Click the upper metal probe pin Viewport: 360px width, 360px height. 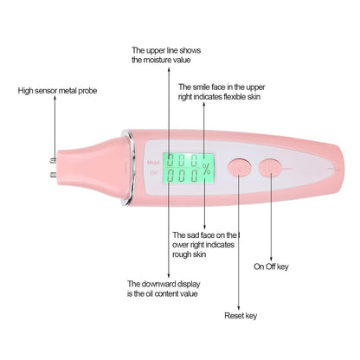click(x=53, y=161)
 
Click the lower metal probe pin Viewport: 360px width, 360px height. click(x=53, y=174)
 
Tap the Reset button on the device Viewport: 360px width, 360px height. click(x=239, y=167)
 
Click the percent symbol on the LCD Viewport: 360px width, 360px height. click(x=207, y=169)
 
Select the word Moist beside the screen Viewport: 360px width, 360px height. click(x=153, y=163)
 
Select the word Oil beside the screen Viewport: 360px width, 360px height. click(x=153, y=173)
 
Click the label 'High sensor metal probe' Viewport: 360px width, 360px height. click(x=57, y=91)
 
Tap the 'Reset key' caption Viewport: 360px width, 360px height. click(x=241, y=316)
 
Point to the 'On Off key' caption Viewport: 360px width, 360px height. click(x=271, y=267)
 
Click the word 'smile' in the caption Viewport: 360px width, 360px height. click(x=202, y=87)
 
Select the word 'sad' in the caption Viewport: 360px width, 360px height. click(x=193, y=235)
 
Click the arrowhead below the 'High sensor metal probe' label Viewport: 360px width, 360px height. click(x=55, y=98)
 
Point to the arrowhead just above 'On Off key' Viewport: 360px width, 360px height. click(x=271, y=259)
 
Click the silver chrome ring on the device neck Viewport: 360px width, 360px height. click(x=130, y=168)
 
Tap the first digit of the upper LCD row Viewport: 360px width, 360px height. click(x=171, y=160)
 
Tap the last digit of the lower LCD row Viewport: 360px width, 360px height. click(x=195, y=175)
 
